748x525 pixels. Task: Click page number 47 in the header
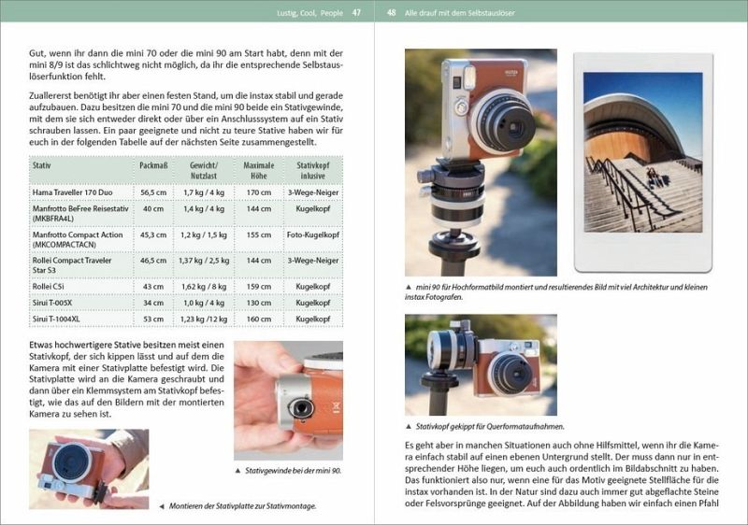click(x=356, y=13)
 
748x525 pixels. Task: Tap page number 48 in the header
click(x=391, y=13)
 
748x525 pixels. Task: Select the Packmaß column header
click(x=153, y=165)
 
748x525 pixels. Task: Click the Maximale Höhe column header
click(x=259, y=171)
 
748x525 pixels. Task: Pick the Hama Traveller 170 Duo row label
click(x=73, y=192)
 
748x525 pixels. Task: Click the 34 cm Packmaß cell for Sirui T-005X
click(x=153, y=303)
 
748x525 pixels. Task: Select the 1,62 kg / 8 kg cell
click(x=204, y=286)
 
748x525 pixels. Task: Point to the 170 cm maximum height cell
click(x=259, y=192)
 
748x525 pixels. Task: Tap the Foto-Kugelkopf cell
click(x=313, y=234)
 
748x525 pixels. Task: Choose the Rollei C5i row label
click(x=49, y=286)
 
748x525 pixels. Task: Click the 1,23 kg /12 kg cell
click(x=204, y=319)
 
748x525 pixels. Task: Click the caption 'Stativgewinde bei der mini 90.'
click(x=294, y=471)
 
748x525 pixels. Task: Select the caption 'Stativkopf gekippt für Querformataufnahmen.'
click(x=490, y=426)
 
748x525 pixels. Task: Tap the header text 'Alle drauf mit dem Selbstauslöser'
click(x=460, y=13)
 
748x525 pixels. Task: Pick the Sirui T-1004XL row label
click(x=56, y=319)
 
